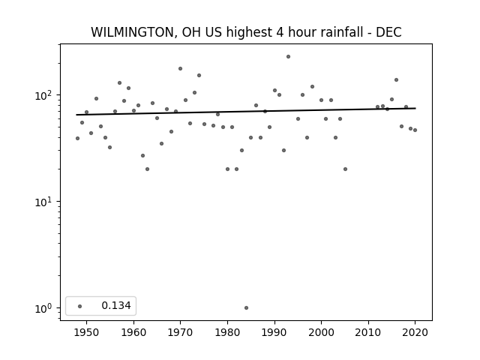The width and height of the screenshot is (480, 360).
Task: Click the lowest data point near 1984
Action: click(246, 307)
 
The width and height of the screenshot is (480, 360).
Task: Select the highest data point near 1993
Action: click(288, 57)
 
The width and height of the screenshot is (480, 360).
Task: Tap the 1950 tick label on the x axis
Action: click(86, 332)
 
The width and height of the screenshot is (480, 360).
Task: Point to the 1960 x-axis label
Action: click(133, 332)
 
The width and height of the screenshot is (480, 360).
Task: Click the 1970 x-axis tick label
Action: click(180, 332)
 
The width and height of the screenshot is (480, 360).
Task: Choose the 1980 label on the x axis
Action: click(227, 332)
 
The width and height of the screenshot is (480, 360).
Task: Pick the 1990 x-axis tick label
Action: click(274, 332)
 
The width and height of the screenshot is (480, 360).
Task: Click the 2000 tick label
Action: click(321, 332)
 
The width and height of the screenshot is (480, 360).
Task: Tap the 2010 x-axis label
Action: click(368, 332)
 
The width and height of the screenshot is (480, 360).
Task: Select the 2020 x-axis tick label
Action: click(415, 332)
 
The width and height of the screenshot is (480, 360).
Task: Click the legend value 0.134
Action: click(116, 305)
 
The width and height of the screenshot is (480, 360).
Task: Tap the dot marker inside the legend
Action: click(80, 306)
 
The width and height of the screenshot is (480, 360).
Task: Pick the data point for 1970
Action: click(180, 68)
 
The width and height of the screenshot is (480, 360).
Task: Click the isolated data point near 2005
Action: click(345, 169)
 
